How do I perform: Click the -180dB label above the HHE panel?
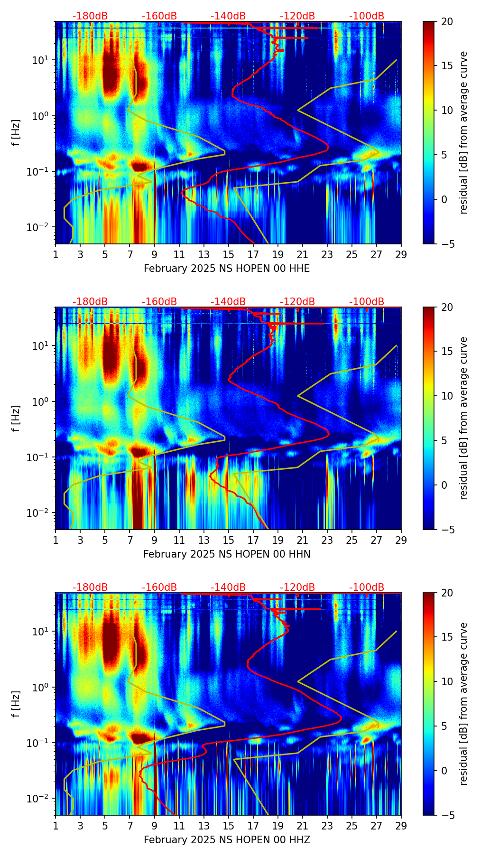[x=90, y=16]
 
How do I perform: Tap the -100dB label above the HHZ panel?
[x=367, y=587]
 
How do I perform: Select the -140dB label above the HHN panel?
[x=228, y=302]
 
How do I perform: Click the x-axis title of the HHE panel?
[x=227, y=269]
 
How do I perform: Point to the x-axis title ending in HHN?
[x=227, y=554]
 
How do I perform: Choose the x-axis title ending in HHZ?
[x=227, y=840]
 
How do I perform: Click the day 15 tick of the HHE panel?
[x=228, y=254]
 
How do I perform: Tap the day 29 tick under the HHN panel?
[x=401, y=540]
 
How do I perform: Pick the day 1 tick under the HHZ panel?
[x=55, y=826]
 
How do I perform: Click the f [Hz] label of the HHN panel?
[x=17, y=418]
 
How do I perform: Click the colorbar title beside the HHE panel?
[x=464, y=132]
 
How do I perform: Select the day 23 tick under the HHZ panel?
[x=327, y=826]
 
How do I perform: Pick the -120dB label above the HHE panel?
[x=297, y=16]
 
